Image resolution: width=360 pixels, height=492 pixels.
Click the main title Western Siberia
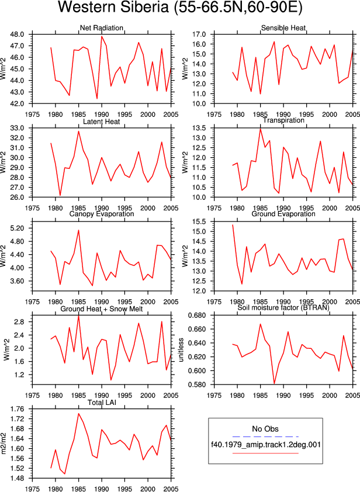tap(180, 8)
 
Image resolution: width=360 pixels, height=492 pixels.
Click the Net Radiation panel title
tap(101, 28)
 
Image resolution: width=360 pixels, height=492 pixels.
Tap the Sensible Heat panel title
tap(283, 28)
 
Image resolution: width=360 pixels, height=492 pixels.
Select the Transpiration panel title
tap(283, 120)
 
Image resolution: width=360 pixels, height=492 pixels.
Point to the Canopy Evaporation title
tap(101, 214)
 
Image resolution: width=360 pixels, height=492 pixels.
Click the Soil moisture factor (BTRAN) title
tap(283, 307)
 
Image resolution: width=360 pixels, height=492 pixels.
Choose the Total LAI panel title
tap(102, 402)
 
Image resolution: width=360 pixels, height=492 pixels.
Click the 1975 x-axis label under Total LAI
tap(32, 488)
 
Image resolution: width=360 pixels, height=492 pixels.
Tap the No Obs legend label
tap(265, 429)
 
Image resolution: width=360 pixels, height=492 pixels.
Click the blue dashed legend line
tap(265, 436)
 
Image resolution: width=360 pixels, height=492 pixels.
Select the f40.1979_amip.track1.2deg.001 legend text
tap(265, 445)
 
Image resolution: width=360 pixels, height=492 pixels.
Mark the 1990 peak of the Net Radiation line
tap(102, 36)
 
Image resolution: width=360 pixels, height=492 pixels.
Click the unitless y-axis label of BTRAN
tap(181, 350)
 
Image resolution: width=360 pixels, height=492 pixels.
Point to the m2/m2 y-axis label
tap(4, 444)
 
